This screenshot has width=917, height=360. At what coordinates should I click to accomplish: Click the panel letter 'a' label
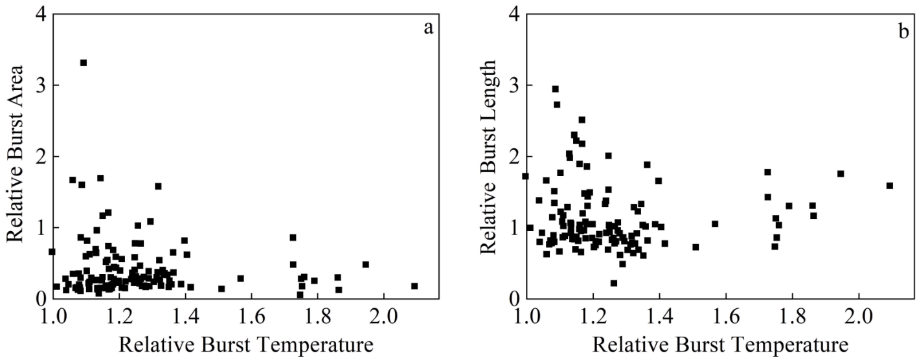[427, 29]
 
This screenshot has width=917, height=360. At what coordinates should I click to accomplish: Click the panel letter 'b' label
[903, 30]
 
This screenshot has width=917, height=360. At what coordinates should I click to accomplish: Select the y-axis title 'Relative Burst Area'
[16, 153]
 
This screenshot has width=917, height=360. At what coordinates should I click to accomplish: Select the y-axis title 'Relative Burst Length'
[487, 153]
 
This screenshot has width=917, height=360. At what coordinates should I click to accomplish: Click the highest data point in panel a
[84, 63]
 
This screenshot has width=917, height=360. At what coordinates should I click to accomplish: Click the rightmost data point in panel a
[414, 286]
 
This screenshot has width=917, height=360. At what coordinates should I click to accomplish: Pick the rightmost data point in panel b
[890, 186]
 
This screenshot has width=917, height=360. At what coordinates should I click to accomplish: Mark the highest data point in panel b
[555, 89]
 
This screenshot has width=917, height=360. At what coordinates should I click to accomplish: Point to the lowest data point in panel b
[614, 283]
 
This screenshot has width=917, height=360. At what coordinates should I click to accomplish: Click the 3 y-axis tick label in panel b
[514, 85]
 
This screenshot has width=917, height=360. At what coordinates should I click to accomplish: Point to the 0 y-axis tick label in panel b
[514, 298]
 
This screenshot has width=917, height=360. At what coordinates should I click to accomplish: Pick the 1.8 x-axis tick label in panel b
[792, 318]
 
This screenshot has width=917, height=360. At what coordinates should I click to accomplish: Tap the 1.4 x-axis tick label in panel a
[186, 318]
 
